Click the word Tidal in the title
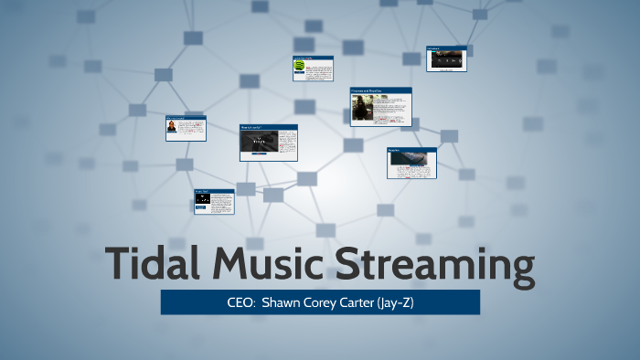(153, 263)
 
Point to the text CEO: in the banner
(240, 302)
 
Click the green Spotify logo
(300, 67)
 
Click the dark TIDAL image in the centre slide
(259, 143)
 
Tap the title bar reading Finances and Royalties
(380, 90)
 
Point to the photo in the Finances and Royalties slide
(363, 110)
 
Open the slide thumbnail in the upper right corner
(447, 58)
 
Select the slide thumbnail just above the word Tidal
(214, 201)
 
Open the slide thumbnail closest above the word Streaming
(411, 163)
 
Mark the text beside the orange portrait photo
(190, 129)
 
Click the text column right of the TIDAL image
(286, 143)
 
